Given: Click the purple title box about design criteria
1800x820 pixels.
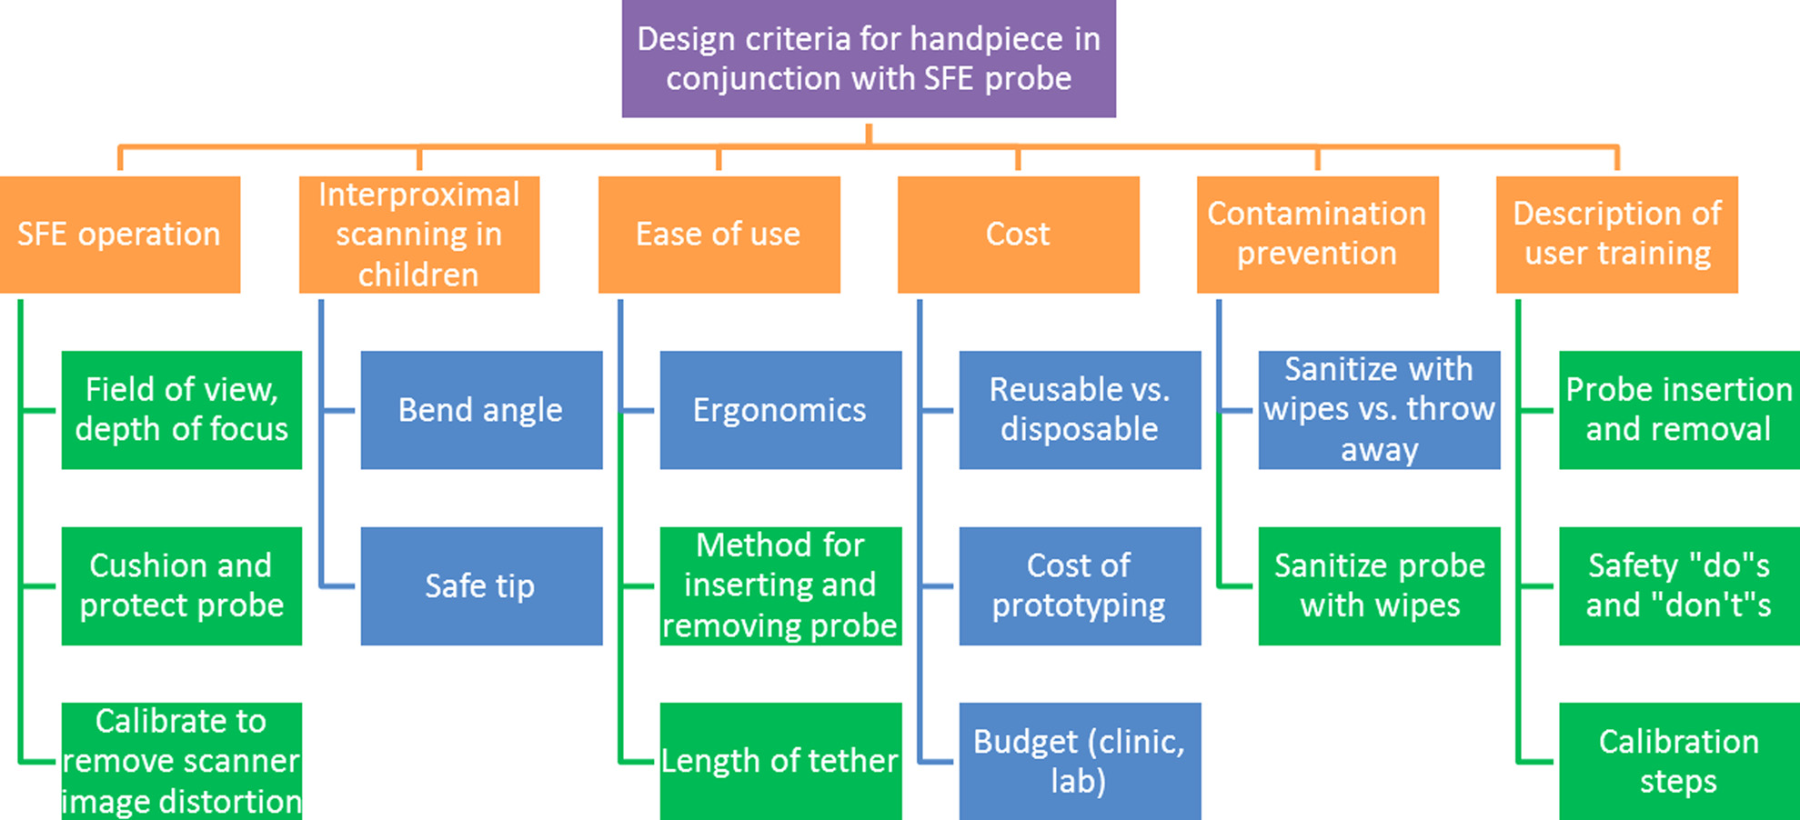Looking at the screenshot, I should click(869, 58).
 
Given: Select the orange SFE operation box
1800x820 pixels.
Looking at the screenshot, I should click(120, 235).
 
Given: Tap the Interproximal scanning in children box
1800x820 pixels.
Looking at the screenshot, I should click(419, 235).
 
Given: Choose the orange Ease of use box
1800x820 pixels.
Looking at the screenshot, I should click(719, 235).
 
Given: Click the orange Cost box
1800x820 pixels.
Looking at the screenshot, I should click(1018, 235).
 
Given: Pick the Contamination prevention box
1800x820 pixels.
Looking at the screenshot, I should click(1317, 235).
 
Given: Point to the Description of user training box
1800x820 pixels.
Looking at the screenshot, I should click(1616, 235).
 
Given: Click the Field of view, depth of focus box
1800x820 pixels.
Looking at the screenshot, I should click(182, 410).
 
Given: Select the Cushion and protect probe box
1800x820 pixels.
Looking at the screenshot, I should click(182, 585).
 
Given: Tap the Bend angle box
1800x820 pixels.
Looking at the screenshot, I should click(481, 410).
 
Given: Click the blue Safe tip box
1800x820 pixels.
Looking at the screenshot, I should click(481, 585).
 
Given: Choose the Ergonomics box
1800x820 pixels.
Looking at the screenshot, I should click(780, 410).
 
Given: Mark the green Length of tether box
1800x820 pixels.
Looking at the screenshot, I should click(780, 761).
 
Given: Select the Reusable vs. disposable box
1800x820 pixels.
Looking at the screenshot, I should click(1080, 410).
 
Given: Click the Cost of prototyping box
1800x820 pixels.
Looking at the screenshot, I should click(1080, 585).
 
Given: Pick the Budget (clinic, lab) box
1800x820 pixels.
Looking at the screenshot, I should click(1080, 761).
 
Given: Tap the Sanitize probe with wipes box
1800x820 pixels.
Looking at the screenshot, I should click(1379, 585).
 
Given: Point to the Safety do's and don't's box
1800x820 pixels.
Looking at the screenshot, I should click(1678, 585).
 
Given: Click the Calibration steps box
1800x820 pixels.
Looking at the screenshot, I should click(1678, 761).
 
